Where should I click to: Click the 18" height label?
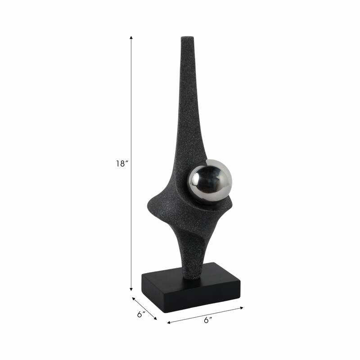tap(121, 164)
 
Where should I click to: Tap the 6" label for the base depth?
tap(141, 315)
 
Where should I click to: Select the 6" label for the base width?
tap(207, 320)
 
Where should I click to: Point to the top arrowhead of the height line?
tap(131, 37)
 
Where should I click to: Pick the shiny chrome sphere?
tap(209, 181)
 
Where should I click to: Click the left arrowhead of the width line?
tap(169, 323)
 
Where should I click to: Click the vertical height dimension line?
tap(131, 112)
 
